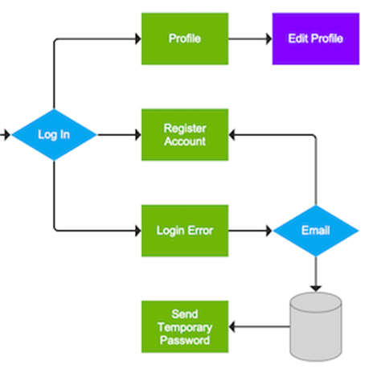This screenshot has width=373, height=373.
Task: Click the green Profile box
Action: (184, 39)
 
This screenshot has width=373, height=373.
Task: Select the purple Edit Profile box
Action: (315, 39)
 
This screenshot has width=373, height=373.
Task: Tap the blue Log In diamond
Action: (53, 134)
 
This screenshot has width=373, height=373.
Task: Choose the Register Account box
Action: (184, 134)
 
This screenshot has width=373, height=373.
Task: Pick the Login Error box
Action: (184, 231)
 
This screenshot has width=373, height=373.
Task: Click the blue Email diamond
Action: (315, 231)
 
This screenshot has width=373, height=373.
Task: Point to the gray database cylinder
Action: (315, 326)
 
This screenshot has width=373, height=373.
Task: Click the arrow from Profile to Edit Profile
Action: (249, 39)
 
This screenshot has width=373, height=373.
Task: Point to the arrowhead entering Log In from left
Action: (6, 134)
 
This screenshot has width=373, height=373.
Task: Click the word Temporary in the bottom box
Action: (184, 327)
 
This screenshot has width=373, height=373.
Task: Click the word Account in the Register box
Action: (184, 141)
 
